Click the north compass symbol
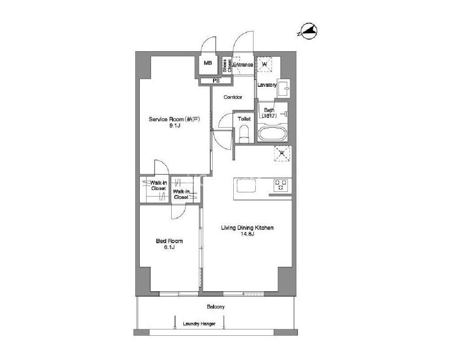tap(308, 31)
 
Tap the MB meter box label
tap(208, 63)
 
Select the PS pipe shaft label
tap(216, 81)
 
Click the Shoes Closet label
tap(227, 66)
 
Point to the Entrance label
tap(243, 65)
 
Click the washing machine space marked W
tap(264, 64)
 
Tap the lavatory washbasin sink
tap(284, 89)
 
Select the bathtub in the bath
tap(272, 134)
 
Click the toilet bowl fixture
tap(244, 135)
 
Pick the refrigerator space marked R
tap(282, 154)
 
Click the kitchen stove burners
tap(280, 185)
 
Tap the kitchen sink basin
tap(246, 186)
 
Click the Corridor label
tap(233, 98)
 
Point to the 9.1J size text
tap(174, 125)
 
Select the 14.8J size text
tap(247, 234)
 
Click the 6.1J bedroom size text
tap(169, 247)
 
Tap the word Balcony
tap(216, 307)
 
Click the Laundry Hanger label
tap(199, 324)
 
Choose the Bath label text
tap(269, 110)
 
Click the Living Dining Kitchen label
tap(247, 228)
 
